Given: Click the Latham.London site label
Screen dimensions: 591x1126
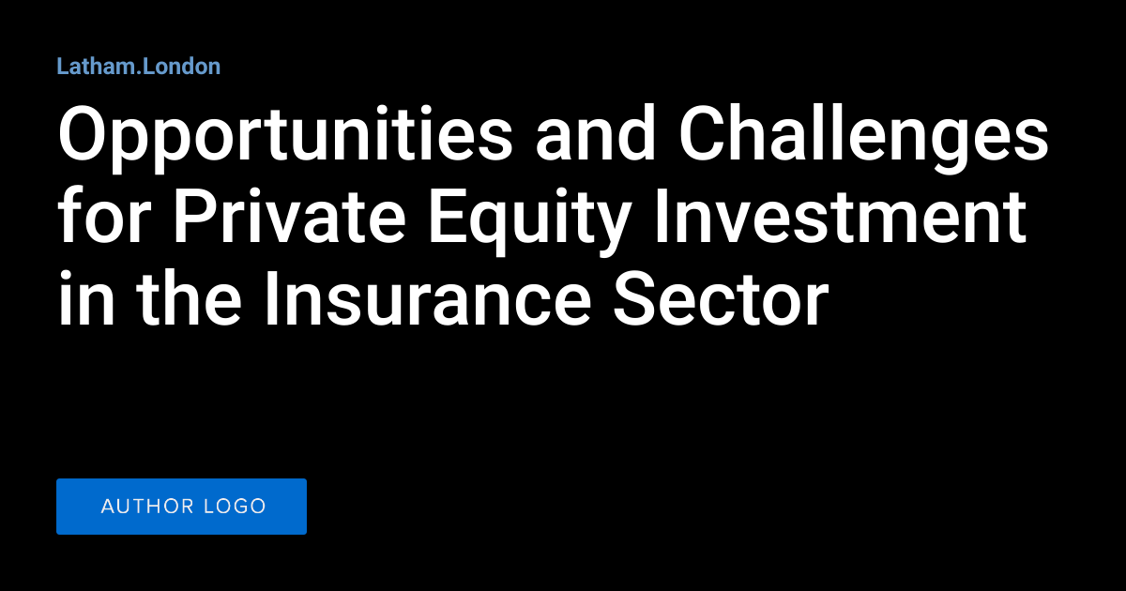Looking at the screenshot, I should (x=138, y=67).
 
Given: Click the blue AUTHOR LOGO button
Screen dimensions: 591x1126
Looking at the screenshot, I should (x=181, y=507).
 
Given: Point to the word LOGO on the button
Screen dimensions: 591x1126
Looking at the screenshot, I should (x=235, y=507).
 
